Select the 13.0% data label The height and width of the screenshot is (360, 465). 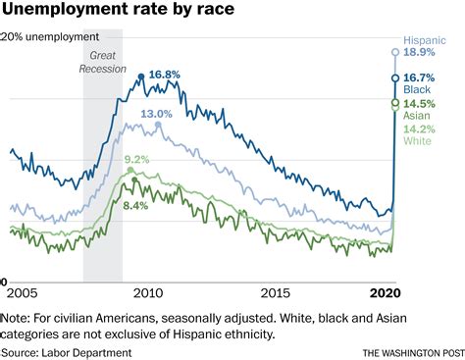156,115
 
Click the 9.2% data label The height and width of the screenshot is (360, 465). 136,160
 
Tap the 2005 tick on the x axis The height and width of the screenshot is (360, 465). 22,293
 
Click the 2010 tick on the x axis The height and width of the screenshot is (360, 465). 147,293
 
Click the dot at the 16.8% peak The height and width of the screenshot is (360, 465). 141,76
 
